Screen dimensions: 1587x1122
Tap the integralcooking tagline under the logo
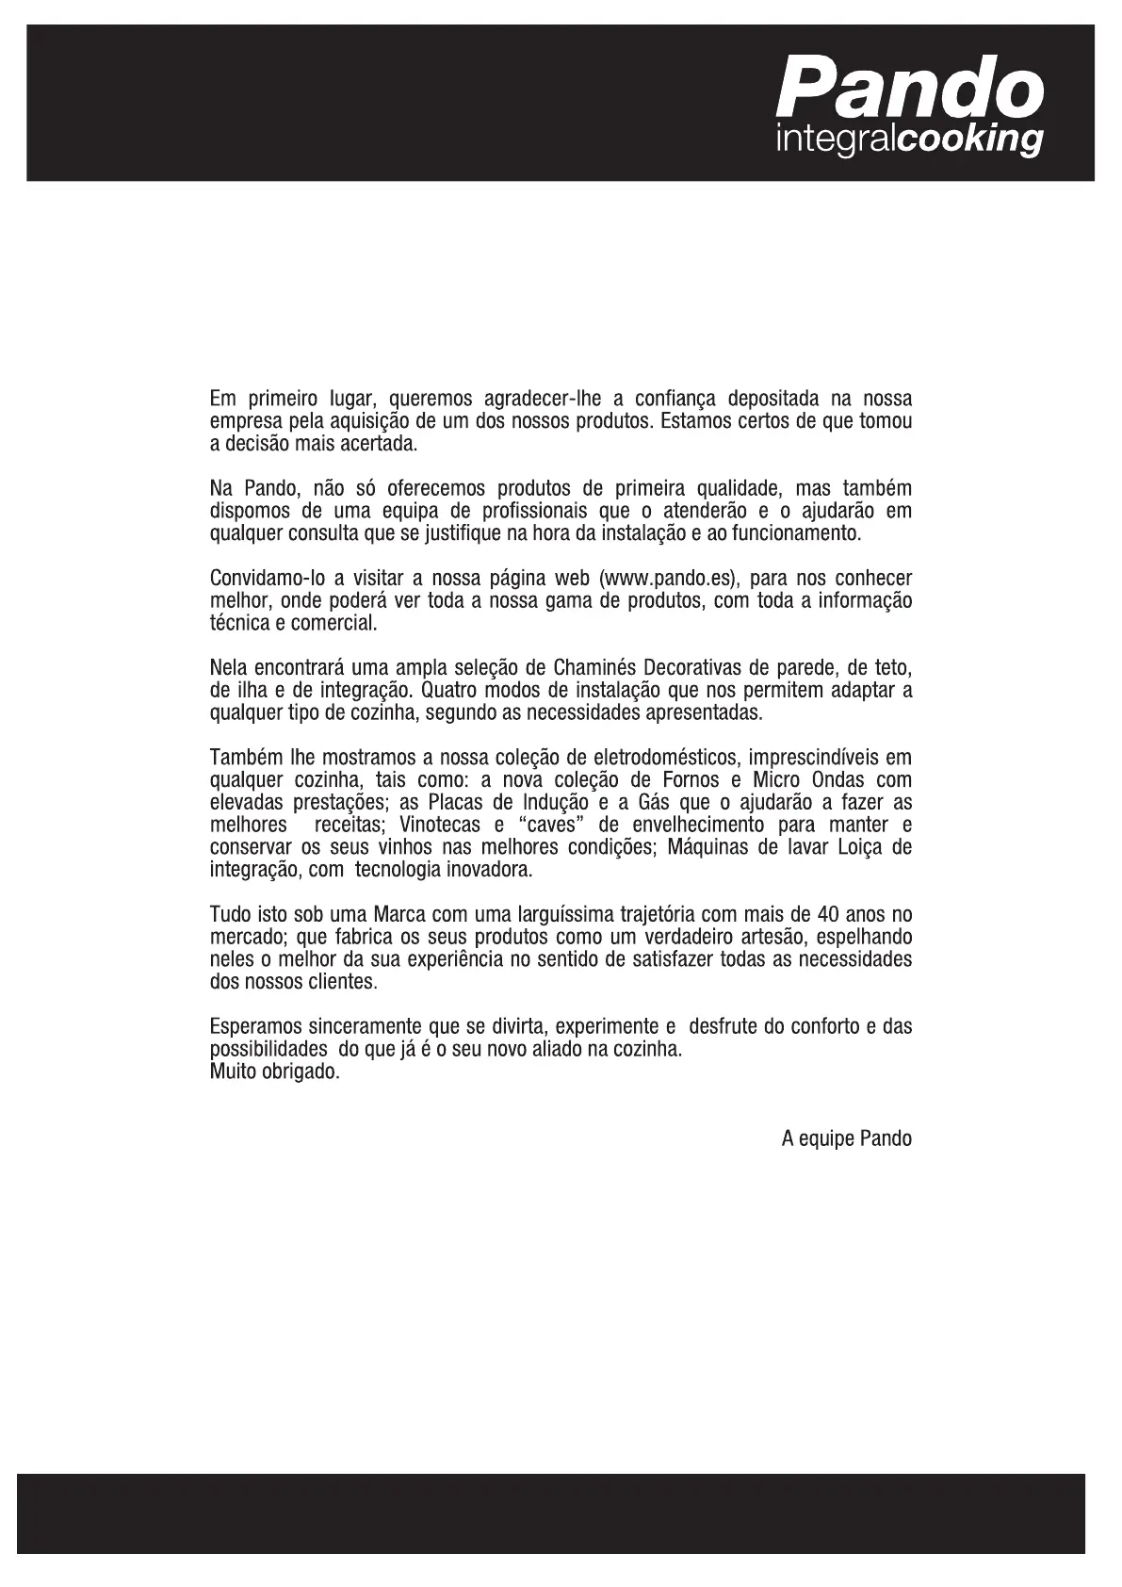(x=908, y=140)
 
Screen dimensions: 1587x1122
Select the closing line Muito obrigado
(x=274, y=1072)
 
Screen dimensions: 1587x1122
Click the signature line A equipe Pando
(x=846, y=1138)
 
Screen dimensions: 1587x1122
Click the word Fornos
(x=685, y=780)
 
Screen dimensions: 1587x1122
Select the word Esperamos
(x=253, y=1026)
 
